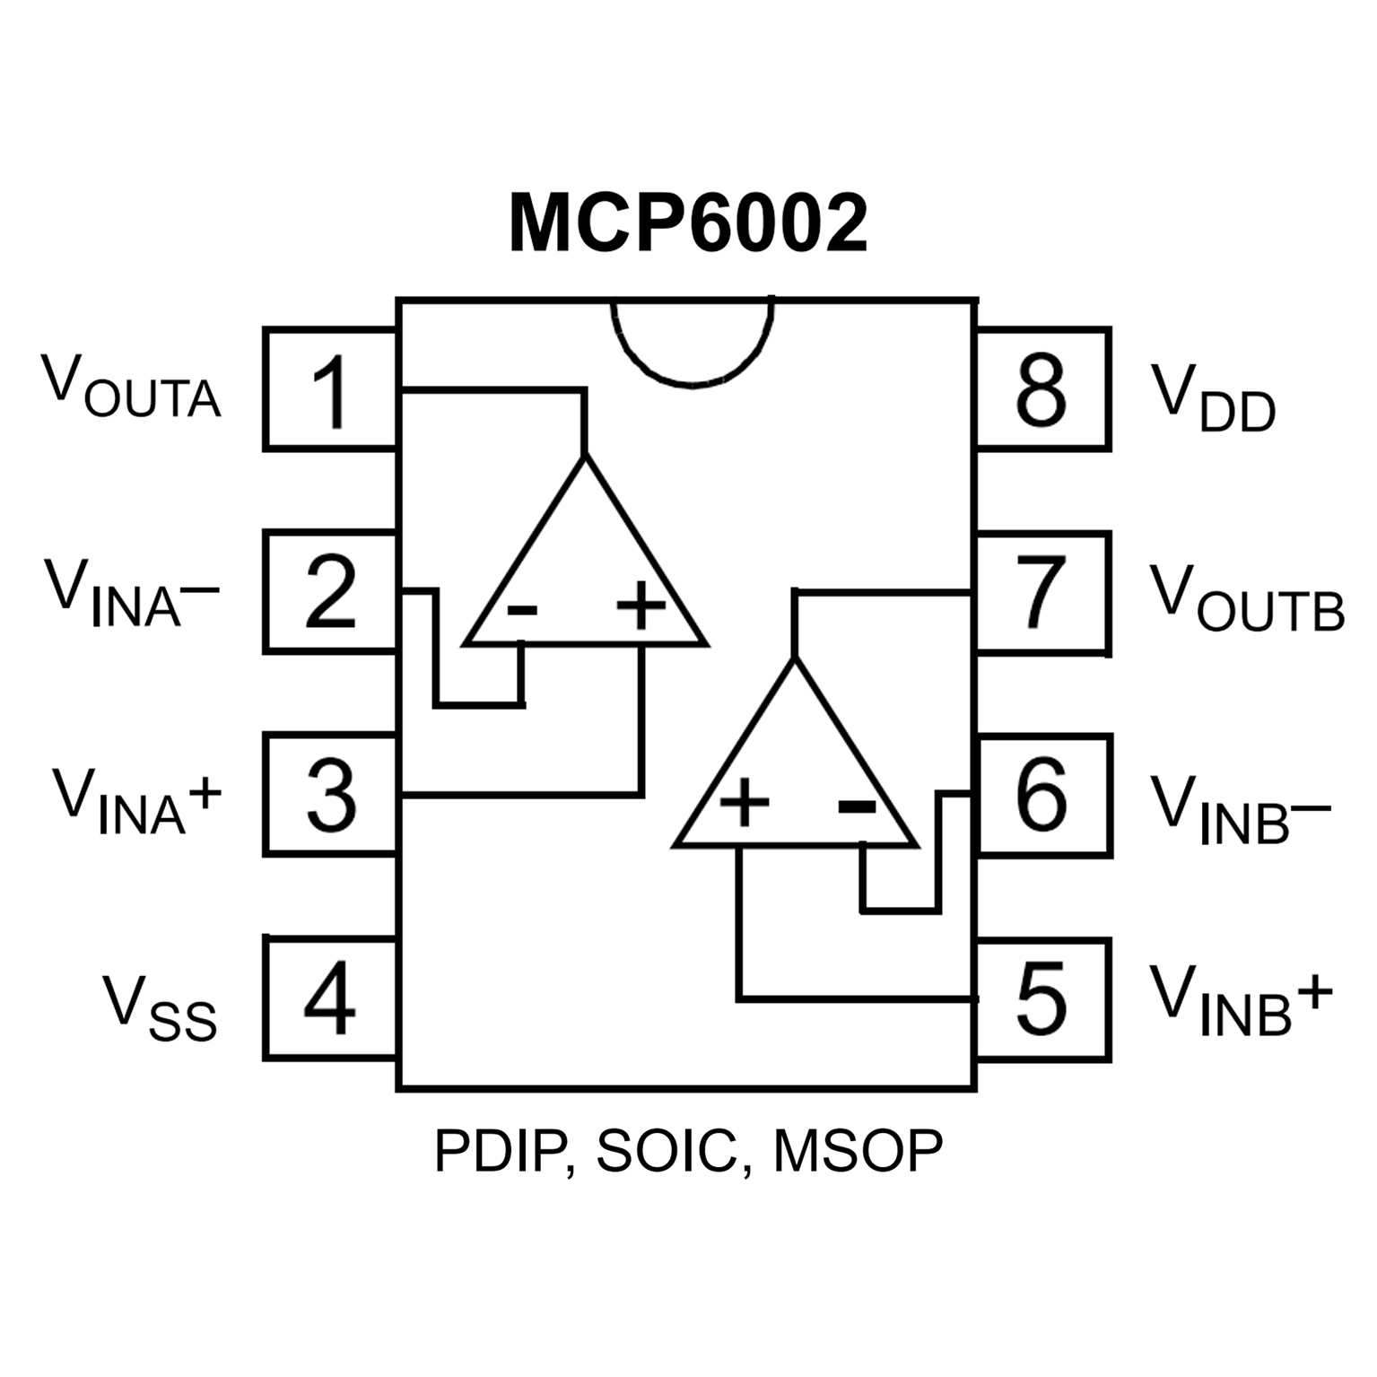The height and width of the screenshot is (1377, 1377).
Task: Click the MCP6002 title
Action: [688, 223]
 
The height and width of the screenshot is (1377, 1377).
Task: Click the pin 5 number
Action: [1041, 998]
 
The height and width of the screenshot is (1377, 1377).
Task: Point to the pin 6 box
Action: [1043, 795]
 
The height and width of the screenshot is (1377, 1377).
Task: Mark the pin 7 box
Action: [1043, 592]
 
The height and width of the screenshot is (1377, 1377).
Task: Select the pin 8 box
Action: [1043, 389]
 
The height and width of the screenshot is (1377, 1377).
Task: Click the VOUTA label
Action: [131, 388]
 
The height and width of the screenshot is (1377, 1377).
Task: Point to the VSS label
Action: [160, 1009]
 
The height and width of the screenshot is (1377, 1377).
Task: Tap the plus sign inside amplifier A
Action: [641, 606]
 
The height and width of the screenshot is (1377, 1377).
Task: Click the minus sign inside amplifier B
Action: [857, 806]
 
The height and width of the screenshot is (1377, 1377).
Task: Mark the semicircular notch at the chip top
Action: [692, 345]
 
